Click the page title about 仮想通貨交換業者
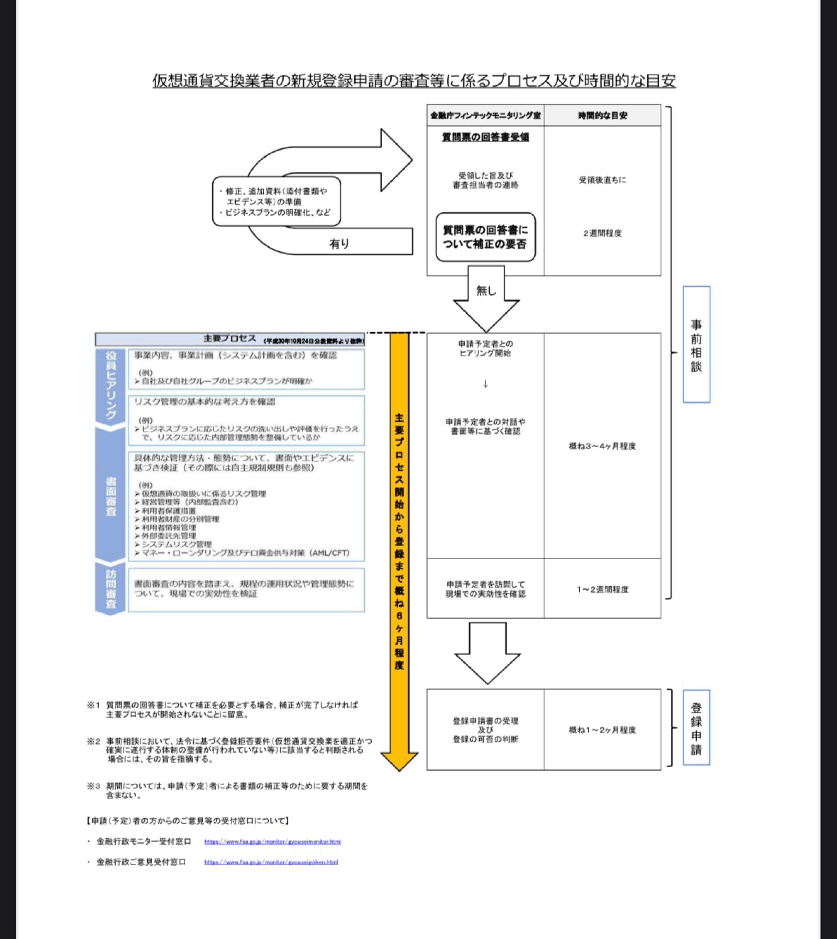[414, 81]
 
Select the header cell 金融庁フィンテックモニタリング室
[485, 116]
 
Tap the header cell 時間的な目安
[603, 116]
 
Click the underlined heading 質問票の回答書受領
[485, 137]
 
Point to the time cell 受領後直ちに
[603, 180]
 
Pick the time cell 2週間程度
[603, 233]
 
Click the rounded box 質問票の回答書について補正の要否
[485, 237]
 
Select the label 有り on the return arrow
[339, 244]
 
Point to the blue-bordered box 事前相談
[696, 345]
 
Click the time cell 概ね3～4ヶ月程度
[603, 446]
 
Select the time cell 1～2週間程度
[603, 589]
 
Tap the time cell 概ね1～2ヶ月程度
[603, 730]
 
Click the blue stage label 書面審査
[110, 497]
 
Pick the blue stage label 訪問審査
[110, 589]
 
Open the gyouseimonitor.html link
[273, 841]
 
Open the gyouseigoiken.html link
[271, 862]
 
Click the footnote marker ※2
[93, 741]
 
